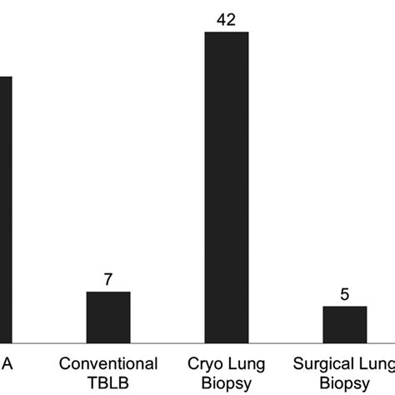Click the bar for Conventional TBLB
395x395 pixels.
point(108,317)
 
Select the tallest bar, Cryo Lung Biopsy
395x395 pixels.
point(227,187)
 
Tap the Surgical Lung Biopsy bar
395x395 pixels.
point(345,324)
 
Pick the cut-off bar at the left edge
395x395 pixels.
point(6,208)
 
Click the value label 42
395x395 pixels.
point(227,19)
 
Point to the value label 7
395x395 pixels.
point(108,279)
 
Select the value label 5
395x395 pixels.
point(345,294)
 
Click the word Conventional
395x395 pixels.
point(108,364)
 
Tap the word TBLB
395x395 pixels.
point(108,382)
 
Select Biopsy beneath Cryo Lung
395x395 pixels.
point(227,382)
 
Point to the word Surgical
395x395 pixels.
point(323,364)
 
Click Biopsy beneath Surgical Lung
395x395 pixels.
point(345,382)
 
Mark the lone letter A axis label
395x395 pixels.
point(7,364)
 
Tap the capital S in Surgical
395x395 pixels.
point(298,364)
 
